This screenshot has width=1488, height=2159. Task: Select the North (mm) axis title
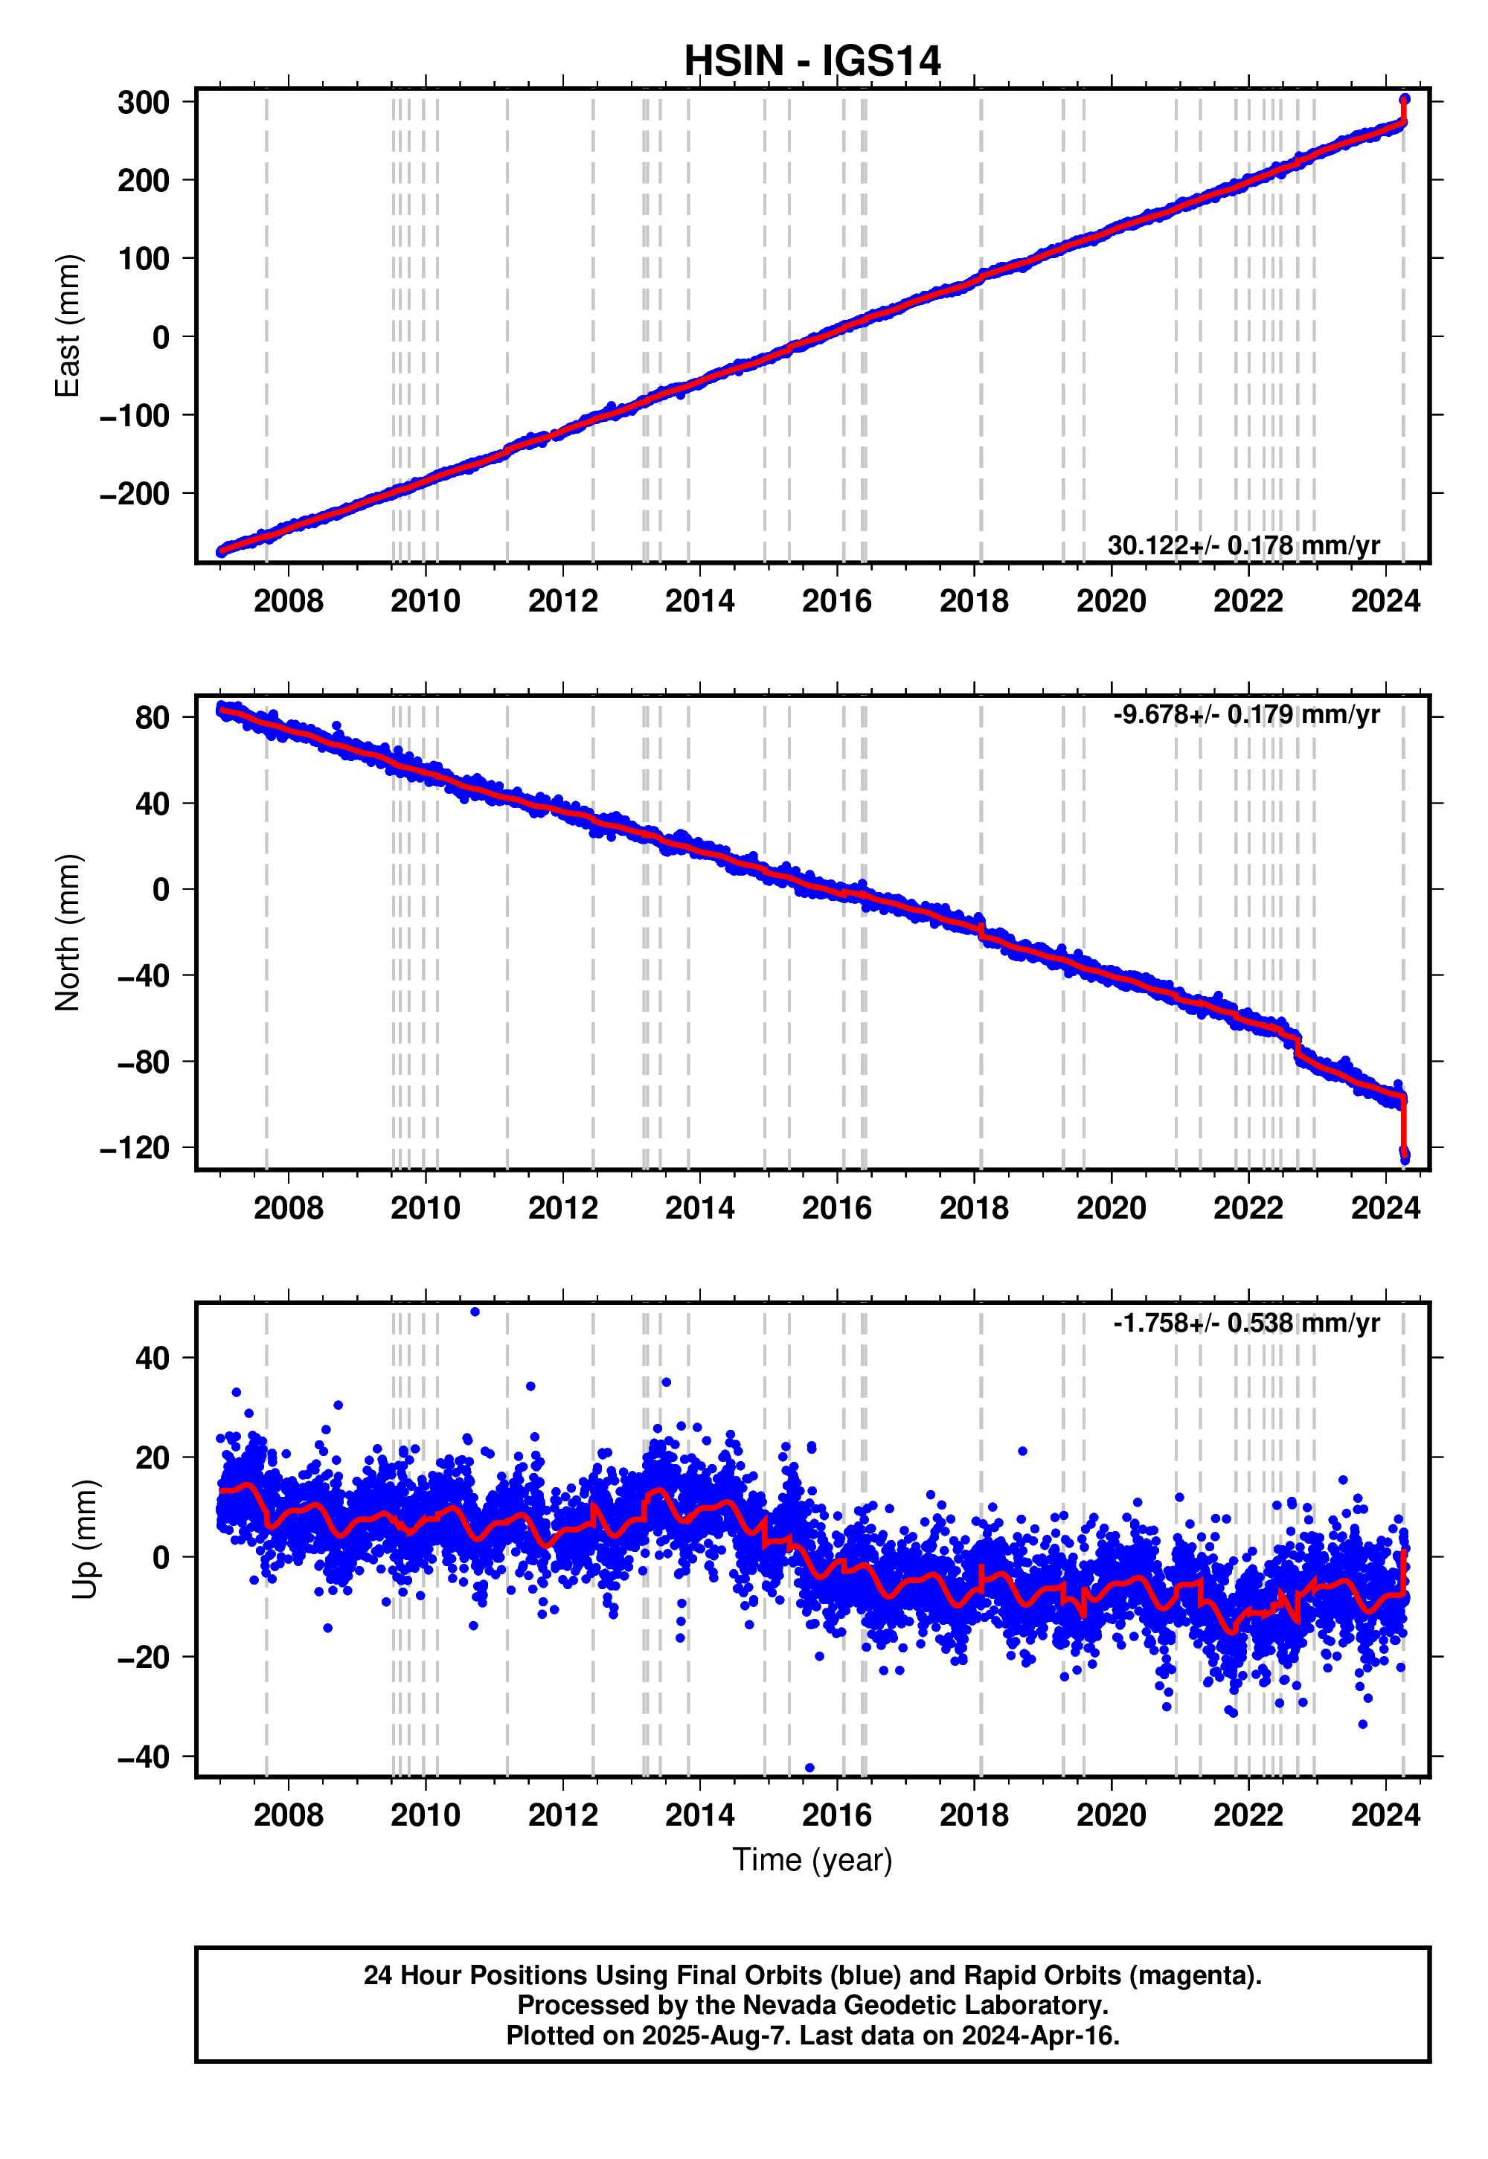[67, 932]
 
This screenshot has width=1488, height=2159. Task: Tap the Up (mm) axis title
[85, 1539]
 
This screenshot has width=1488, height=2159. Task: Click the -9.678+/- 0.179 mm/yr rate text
[1245, 715]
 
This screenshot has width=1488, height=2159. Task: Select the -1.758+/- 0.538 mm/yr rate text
[1245, 1323]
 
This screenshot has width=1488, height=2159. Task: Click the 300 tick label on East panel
[144, 103]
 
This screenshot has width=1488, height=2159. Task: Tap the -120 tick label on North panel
[135, 1147]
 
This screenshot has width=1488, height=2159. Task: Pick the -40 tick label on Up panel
[144, 1757]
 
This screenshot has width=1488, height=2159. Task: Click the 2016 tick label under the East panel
[836, 601]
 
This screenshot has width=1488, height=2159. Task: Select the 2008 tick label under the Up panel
[288, 1815]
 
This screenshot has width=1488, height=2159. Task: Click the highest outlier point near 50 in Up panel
[475, 1312]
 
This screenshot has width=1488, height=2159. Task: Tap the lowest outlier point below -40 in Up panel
[809, 1768]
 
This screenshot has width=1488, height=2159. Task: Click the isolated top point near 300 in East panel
[1404, 99]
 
